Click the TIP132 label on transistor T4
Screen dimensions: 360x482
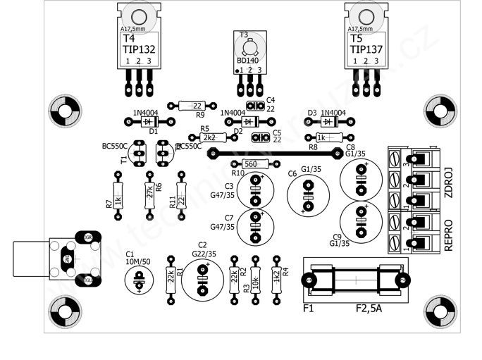point(139,49)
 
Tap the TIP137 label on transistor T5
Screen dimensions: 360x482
point(366,49)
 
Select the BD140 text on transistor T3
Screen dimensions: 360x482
point(249,61)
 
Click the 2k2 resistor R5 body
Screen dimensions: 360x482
point(208,137)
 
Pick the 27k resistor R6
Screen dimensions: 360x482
point(149,192)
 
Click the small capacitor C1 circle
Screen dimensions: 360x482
point(138,280)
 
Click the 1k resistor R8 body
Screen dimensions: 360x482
point(322,137)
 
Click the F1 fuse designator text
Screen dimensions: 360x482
point(308,309)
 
